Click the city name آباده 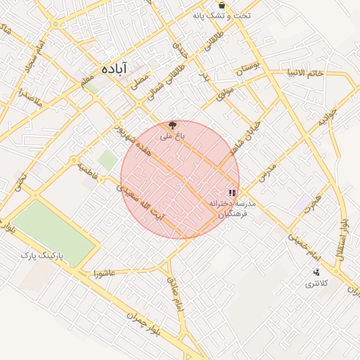(113, 69)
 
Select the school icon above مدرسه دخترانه (232, 193)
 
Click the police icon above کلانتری (316, 273)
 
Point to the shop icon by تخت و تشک (221, 4)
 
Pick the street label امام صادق (174, 293)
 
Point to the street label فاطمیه (86, 169)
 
